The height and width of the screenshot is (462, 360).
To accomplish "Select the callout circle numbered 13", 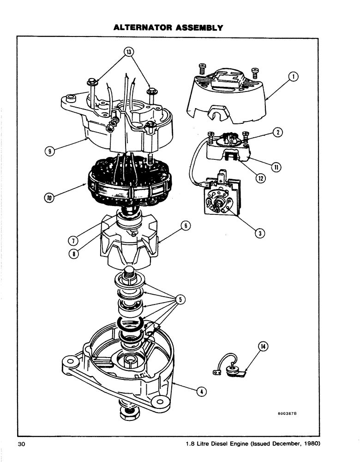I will point(130,51).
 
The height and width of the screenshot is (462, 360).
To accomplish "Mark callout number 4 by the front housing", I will point(201,391).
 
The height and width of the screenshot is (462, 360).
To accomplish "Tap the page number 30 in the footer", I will point(22,444).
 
